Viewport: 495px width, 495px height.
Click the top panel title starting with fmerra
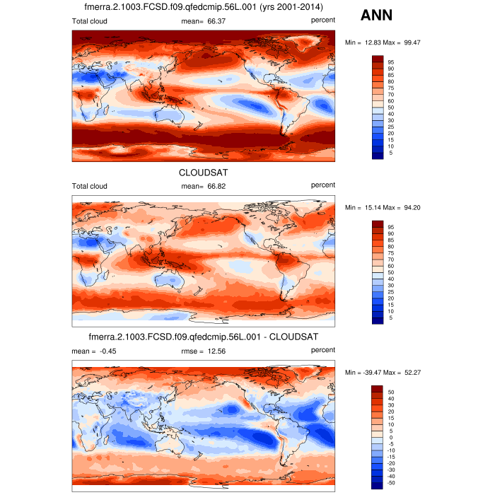pos(204,7)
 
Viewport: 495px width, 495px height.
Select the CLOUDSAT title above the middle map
pos(204,172)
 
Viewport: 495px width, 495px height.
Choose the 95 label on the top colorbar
pos(391,62)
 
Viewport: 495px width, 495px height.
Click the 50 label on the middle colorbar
pos(391,272)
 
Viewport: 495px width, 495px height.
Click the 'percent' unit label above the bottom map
pos(323,351)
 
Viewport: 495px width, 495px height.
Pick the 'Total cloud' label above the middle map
pos(90,186)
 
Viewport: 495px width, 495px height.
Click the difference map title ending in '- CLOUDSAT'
pos(204,337)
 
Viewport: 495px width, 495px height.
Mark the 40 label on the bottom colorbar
pos(391,398)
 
